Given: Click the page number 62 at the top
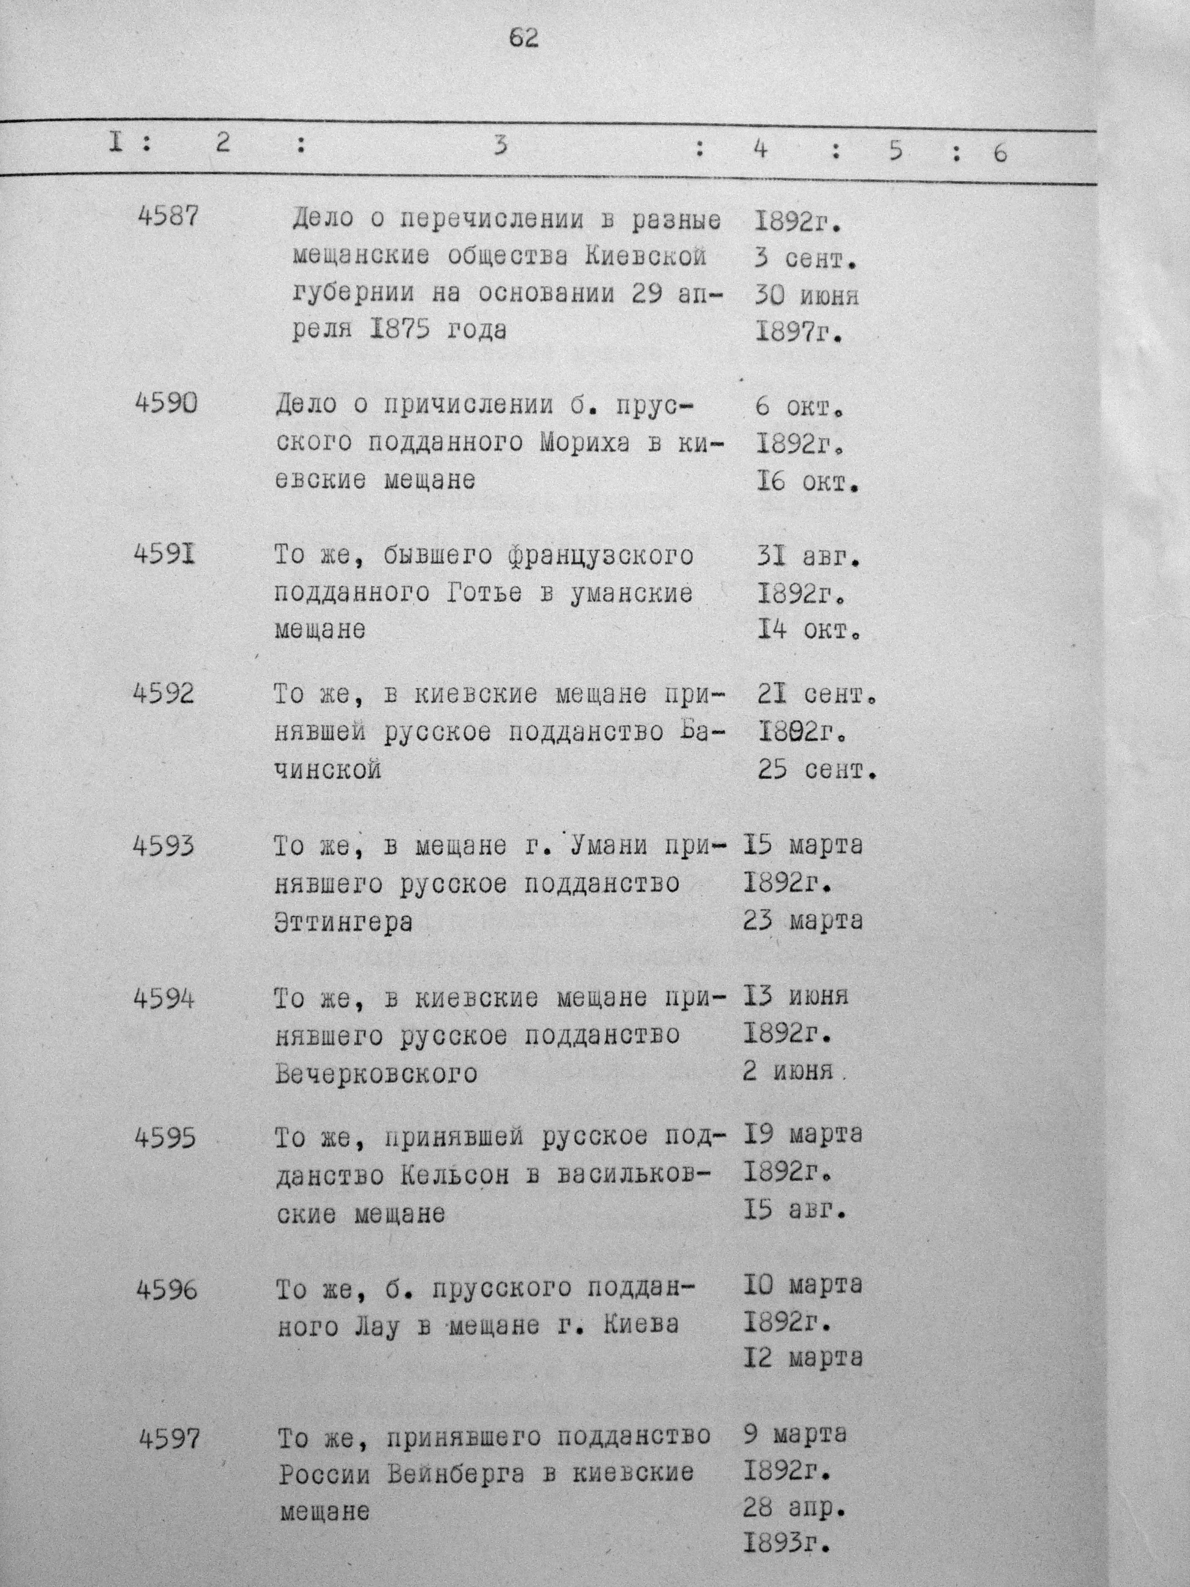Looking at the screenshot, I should click(523, 38).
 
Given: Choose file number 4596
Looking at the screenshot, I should click(167, 1290).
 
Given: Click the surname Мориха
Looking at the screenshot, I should click(585, 443).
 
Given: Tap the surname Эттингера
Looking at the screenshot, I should click(343, 922).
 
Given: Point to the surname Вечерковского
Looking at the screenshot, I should click(376, 1074).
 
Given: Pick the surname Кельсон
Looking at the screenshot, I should click(455, 1174).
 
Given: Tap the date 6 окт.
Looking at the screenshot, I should click(800, 407).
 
